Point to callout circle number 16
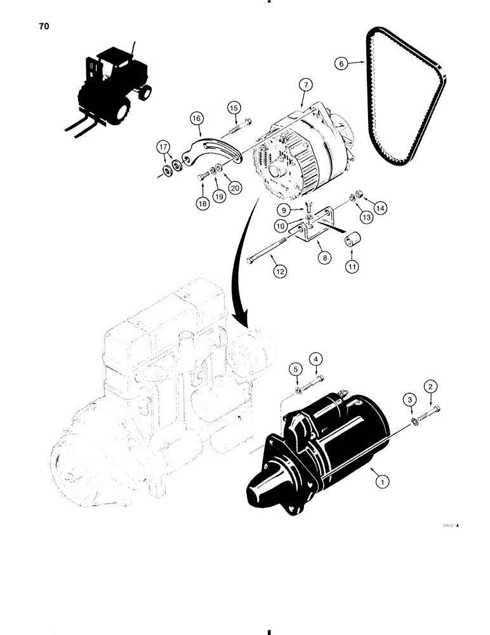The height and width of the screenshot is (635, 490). tap(195, 118)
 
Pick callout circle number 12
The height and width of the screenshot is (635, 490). tap(279, 271)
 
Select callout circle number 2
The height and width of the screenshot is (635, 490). tap(431, 386)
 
